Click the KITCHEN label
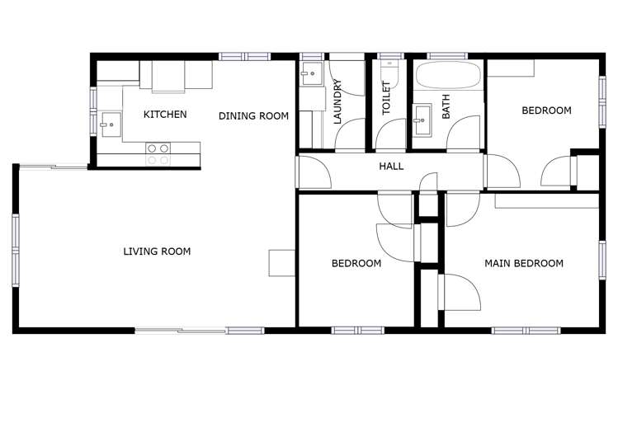[165, 115]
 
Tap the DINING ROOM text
[253, 116]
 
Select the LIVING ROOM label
[157, 251]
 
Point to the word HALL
[391, 167]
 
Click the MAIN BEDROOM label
[524, 264]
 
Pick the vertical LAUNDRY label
[337, 101]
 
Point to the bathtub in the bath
[446, 78]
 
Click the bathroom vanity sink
[422, 120]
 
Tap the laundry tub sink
[312, 74]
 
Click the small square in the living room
[281, 262]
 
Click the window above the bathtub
[447, 56]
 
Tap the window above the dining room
[244, 56]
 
